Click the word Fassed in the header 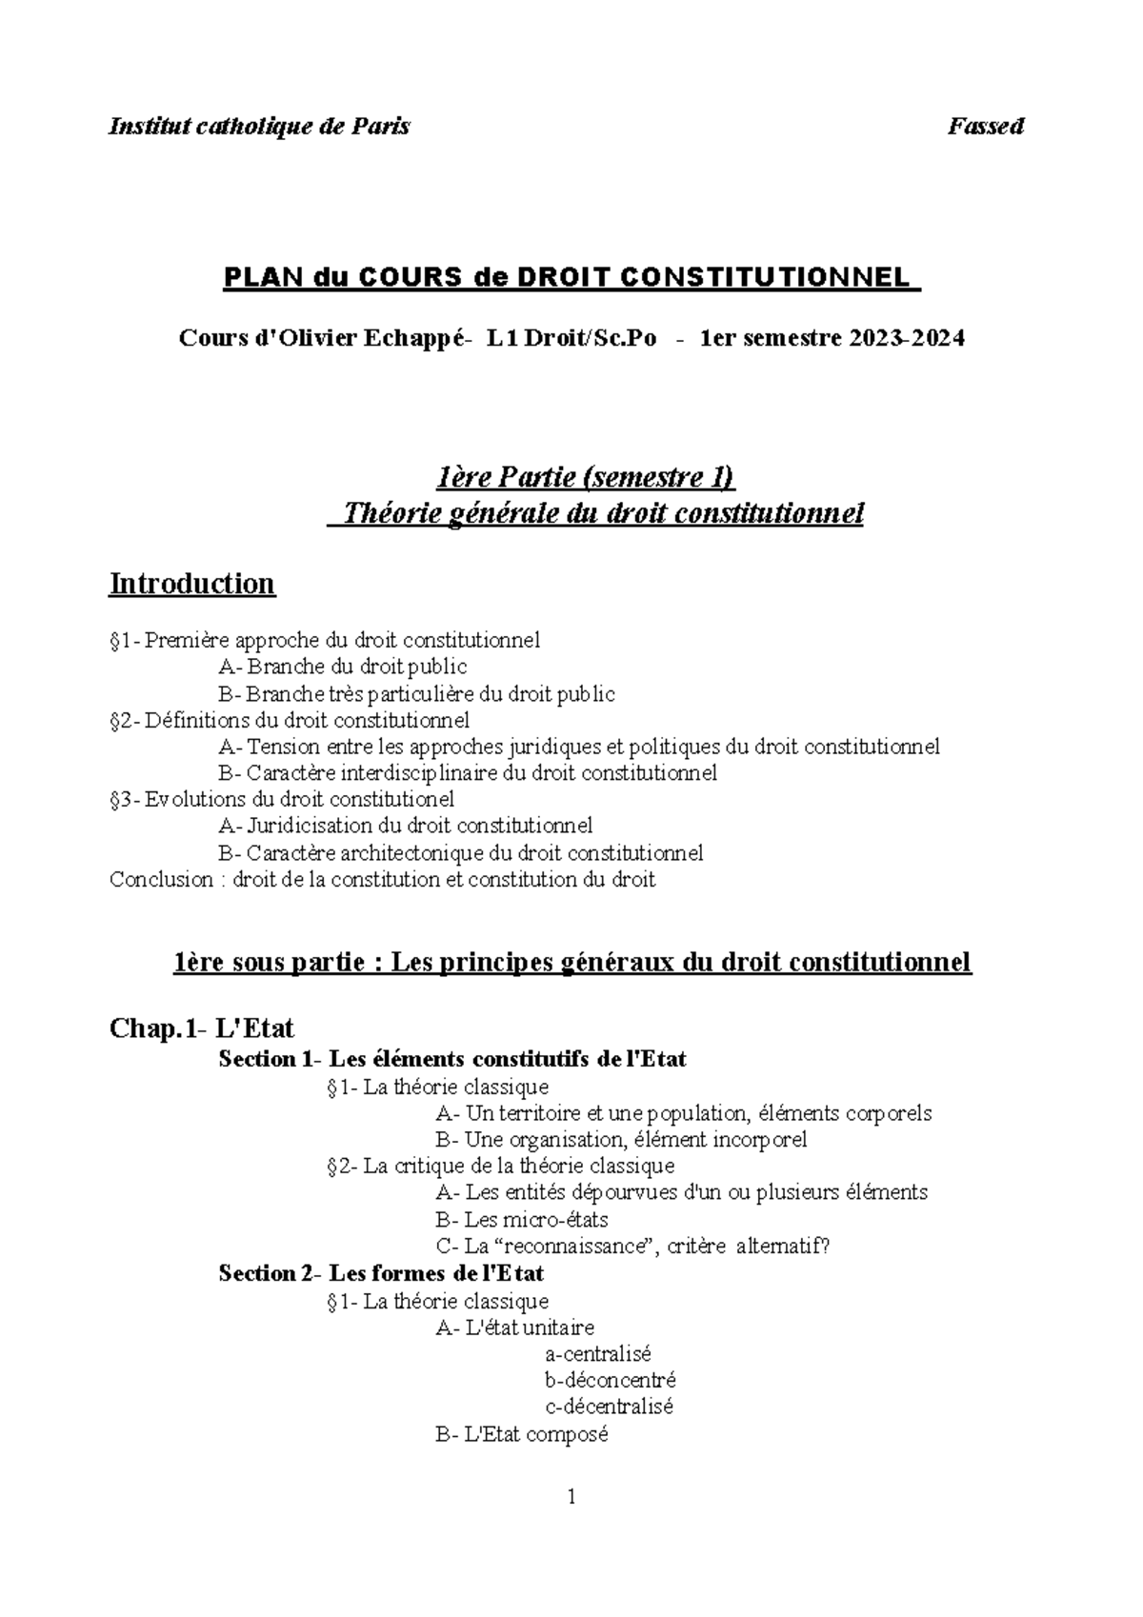pos(985,127)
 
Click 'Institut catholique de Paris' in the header pos(259,127)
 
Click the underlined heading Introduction pos(192,583)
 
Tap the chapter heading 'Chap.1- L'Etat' pos(202,1028)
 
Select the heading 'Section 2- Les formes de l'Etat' pos(381,1273)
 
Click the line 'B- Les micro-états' pos(521,1219)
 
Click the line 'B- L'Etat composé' pos(521,1434)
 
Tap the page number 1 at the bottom pos(571,1498)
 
